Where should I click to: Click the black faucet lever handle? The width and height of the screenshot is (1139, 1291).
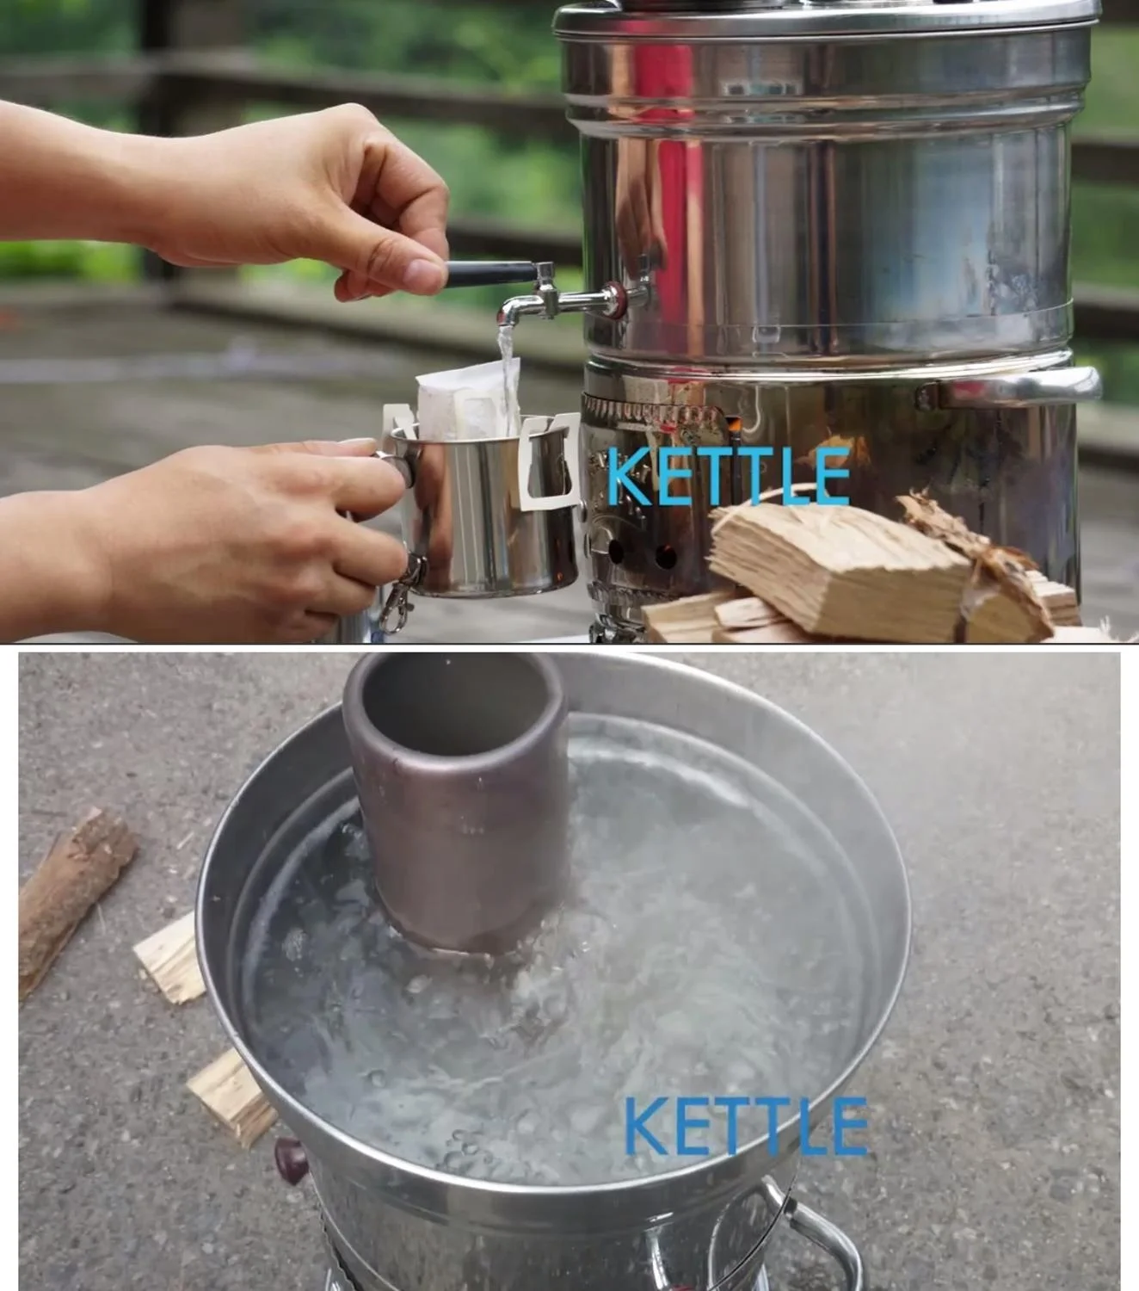pos(490,274)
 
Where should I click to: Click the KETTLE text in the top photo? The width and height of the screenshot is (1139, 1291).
pos(729,476)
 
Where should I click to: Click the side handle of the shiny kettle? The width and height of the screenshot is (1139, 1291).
pos(1013,386)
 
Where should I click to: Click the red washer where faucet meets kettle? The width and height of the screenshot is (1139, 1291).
pos(617,299)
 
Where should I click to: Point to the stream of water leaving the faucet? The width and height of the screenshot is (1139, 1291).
pos(507,376)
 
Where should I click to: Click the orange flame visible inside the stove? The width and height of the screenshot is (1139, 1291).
pos(734,426)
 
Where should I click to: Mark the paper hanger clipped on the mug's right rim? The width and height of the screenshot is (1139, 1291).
pos(549,462)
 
